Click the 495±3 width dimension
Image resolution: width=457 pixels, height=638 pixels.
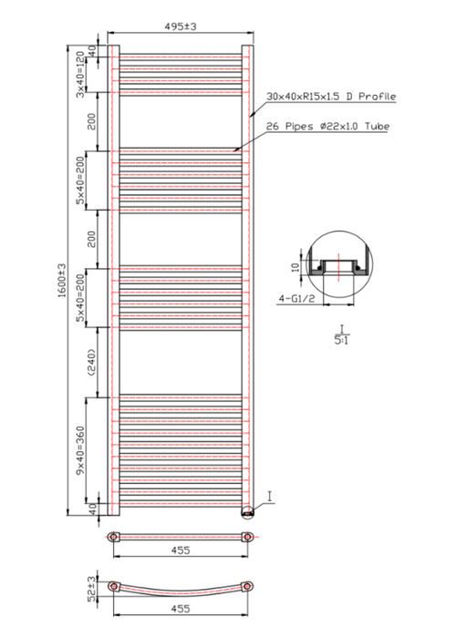click(x=181, y=26)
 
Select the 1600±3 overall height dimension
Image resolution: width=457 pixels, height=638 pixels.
click(x=62, y=280)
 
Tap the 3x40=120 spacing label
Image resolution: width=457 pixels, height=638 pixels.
click(x=80, y=75)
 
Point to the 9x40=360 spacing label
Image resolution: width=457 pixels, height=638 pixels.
click(x=80, y=450)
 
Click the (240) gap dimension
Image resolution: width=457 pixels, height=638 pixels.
click(x=91, y=362)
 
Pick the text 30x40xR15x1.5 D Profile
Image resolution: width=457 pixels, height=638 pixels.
click(x=331, y=97)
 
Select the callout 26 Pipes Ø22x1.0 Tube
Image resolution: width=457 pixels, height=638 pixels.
click(x=327, y=126)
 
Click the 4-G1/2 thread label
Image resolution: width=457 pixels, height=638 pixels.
click(x=296, y=299)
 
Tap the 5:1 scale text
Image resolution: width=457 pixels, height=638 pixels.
click(x=341, y=340)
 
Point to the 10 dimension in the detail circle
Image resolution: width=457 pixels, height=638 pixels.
click(x=296, y=266)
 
